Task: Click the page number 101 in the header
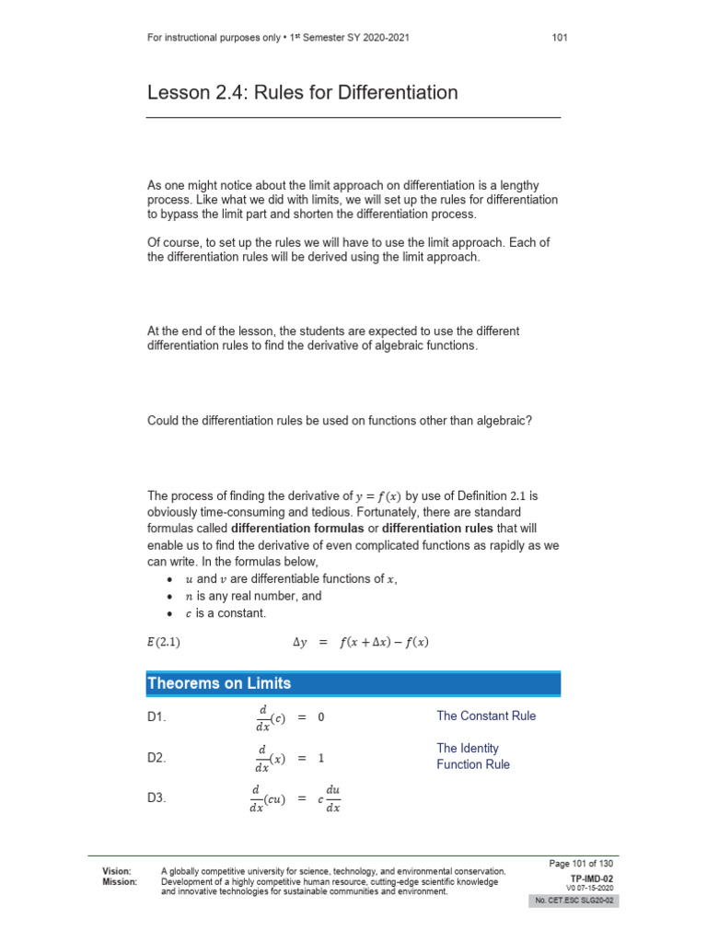point(560,38)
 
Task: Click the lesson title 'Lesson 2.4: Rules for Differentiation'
point(302,93)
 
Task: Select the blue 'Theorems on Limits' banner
point(353,683)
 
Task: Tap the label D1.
point(156,716)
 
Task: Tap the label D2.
point(156,758)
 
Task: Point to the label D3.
point(156,799)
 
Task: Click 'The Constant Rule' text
point(485,716)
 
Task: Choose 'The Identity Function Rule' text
point(472,756)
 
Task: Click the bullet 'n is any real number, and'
point(253,596)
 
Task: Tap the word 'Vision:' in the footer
point(116,870)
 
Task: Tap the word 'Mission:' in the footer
point(119,881)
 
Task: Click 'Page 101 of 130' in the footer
point(581,863)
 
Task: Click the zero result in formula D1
point(321,716)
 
